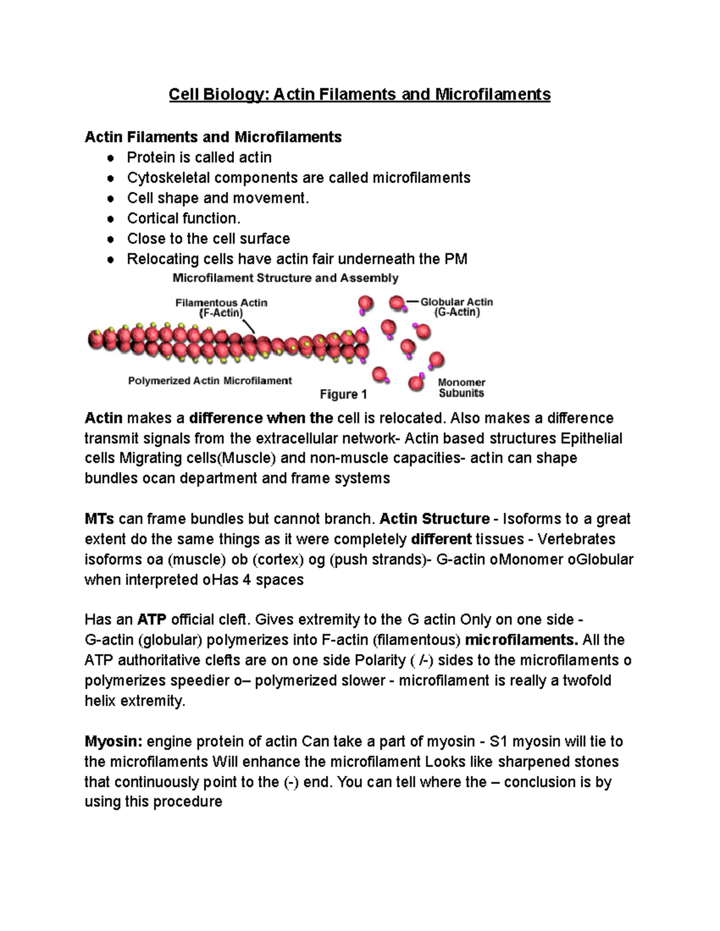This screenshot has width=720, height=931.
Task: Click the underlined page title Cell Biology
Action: pos(359,95)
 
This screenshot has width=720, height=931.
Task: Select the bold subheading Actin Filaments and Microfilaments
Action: pos(213,137)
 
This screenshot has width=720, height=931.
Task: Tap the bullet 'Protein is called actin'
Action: pos(199,158)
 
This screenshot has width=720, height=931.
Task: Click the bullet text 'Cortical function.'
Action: pos(184,218)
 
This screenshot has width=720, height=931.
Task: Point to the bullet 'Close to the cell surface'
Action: pos(208,239)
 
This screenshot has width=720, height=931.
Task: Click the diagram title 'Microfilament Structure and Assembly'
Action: pos(286,278)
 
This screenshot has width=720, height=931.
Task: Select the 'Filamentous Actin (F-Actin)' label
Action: pos(221,308)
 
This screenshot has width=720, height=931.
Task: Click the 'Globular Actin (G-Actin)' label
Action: pos(457,307)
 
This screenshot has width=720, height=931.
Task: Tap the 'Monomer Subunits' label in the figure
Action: pos(461,388)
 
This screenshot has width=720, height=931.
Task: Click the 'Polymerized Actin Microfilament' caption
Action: pos(210,381)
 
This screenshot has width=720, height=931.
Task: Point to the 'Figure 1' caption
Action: pos(343,394)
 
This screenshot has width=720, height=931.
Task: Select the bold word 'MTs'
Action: pos(100,519)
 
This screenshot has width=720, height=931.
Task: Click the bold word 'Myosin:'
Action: pos(113,742)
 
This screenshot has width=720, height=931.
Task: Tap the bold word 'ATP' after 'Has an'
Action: pos(152,619)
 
